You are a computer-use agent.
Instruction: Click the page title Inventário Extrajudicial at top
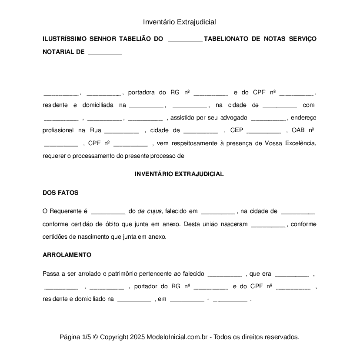tap(180, 22)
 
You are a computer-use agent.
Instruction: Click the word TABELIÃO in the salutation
tap(135, 39)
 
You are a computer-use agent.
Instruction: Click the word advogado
tap(233, 117)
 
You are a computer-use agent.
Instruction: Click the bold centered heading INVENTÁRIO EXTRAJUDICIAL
tap(179, 174)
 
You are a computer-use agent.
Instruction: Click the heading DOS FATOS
tap(60, 192)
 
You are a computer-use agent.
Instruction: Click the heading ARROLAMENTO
tap(67, 255)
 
